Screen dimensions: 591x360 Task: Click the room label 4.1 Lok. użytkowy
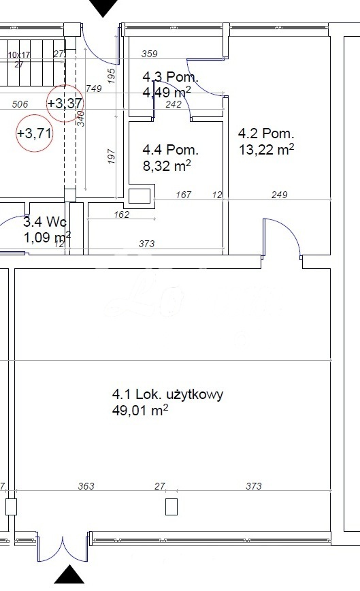click(167, 394)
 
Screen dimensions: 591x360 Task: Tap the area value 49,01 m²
click(140, 411)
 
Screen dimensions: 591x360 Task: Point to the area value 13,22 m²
click(266, 149)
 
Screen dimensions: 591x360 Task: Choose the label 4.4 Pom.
click(170, 149)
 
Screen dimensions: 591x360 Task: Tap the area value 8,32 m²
click(166, 165)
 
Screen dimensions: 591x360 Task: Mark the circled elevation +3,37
click(65, 103)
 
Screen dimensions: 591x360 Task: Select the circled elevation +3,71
click(34, 133)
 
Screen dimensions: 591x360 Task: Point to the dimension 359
click(149, 53)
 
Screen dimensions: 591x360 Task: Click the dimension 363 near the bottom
click(86, 486)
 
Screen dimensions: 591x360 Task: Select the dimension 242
click(174, 104)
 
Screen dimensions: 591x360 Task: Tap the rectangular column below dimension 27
click(171, 507)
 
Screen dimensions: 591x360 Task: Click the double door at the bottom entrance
click(63, 547)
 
